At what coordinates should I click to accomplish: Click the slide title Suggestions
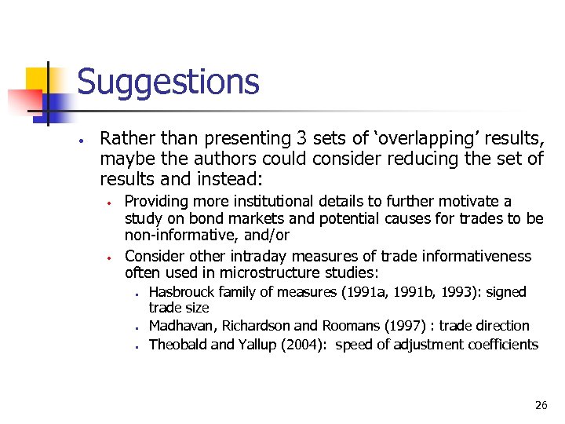tap(168, 82)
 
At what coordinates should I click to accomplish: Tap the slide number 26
tap(541, 405)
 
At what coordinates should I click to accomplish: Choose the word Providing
tap(155, 202)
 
